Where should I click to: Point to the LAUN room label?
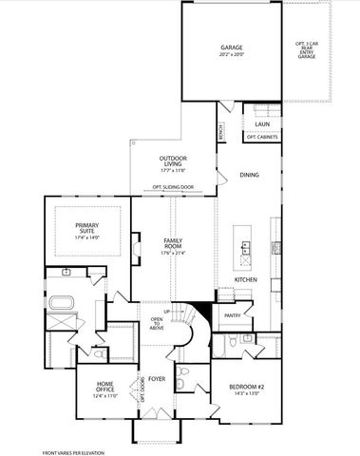pos(261,123)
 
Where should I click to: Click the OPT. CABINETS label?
pos(261,137)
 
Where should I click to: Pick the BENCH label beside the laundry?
pos(220,132)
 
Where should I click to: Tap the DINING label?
pos(250,175)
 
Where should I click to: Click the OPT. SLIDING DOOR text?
pos(172,187)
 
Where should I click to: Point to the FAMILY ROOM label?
pos(172,243)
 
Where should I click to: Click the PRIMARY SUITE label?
pos(86,228)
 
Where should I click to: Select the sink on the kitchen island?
pos(245,251)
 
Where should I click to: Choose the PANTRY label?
pos(231,314)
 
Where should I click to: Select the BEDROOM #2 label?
pos(245,388)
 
